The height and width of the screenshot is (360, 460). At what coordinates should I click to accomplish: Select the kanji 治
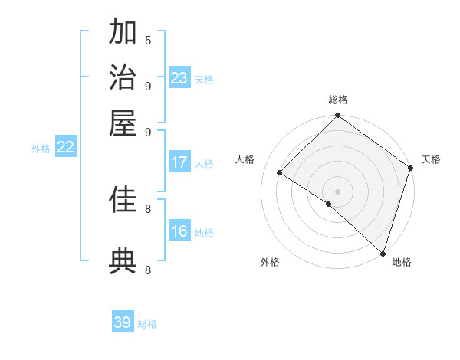tap(123, 77)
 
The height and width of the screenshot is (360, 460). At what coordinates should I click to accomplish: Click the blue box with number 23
tap(179, 78)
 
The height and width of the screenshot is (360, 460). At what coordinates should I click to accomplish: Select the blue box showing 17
tap(179, 162)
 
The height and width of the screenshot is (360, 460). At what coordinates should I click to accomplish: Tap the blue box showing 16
tap(179, 231)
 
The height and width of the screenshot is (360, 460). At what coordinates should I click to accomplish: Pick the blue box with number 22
tap(65, 147)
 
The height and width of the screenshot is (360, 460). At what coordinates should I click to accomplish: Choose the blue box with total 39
tap(123, 322)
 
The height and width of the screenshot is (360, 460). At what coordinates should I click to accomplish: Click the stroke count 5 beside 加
tap(148, 40)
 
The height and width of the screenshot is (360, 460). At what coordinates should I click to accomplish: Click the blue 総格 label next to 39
tap(147, 324)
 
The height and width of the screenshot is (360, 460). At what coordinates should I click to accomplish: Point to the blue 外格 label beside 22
tap(41, 149)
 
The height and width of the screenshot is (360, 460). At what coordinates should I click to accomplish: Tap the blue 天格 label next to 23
tap(204, 80)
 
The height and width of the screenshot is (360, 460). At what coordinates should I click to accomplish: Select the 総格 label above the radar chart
tap(338, 100)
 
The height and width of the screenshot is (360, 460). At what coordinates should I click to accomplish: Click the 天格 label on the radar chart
tap(431, 159)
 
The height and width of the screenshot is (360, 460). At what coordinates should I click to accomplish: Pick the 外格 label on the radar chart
tap(270, 263)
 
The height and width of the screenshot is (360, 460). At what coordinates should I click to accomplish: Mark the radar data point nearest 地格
tap(383, 254)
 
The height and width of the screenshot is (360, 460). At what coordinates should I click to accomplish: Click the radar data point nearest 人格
tap(280, 173)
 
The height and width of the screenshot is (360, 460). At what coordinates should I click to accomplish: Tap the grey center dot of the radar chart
tap(337, 191)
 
